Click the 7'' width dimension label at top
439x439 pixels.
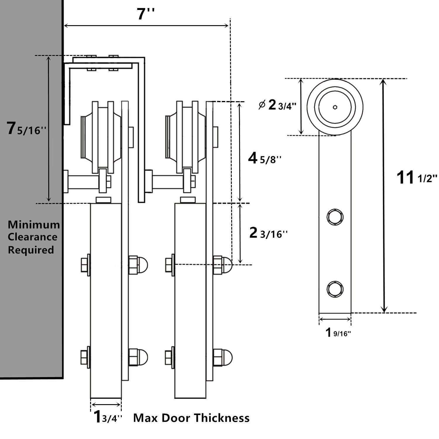click(x=145, y=14)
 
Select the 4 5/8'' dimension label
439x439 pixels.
click(x=265, y=158)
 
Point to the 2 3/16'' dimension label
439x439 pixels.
click(x=268, y=233)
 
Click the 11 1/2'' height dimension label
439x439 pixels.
click(x=416, y=178)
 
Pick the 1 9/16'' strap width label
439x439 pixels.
click(x=338, y=333)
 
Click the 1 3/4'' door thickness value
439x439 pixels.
click(x=107, y=417)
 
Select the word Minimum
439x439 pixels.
click(x=34, y=225)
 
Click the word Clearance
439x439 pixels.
click(x=32, y=237)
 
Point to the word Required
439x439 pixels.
click(x=31, y=250)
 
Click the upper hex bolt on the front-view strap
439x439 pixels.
click(x=335, y=217)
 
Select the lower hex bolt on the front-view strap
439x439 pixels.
click(x=335, y=289)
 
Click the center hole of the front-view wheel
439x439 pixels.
click(x=335, y=107)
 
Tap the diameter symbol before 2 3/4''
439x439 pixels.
click(x=262, y=105)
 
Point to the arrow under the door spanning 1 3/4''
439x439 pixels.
click(x=106, y=405)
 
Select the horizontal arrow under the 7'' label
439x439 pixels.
click(x=146, y=26)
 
